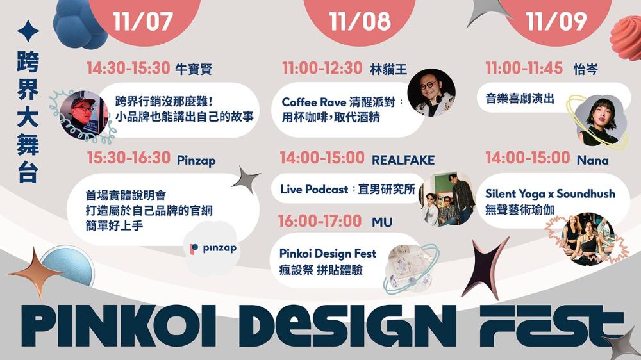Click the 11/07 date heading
[143, 21]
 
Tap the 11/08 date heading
[360, 21]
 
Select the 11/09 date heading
[556, 21]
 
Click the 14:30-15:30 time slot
[128, 69]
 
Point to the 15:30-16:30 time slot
[128, 158]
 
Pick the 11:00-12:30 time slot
[322, 69]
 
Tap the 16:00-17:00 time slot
[320, 221]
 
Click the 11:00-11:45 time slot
[524, 69]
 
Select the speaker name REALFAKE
[403, 160]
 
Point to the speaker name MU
[382, 222]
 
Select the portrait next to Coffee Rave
[431, 92]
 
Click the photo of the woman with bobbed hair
[598, 120]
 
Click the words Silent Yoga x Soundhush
[549, 193]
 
